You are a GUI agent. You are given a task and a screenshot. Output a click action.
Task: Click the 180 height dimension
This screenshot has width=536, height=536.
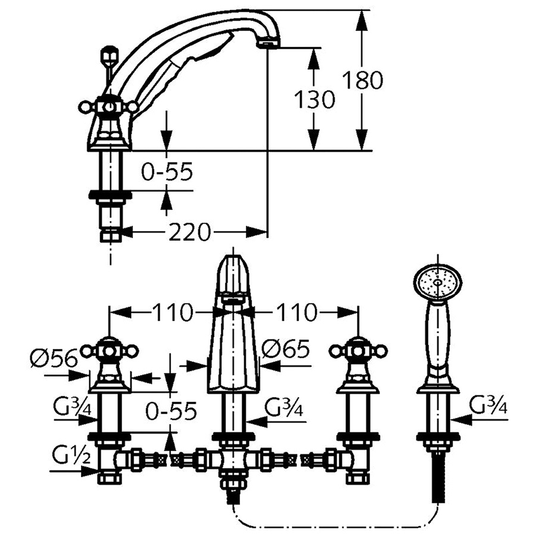coord(363,80)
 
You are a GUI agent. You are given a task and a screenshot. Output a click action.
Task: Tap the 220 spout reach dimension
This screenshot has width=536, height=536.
coord(189,232)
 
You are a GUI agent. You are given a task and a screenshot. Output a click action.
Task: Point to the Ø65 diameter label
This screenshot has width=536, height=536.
coord(286,350)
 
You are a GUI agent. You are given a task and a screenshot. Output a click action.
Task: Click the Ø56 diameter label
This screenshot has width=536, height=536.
coord(54,359)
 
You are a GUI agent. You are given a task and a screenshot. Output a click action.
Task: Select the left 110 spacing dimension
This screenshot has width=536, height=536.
coord(173,312)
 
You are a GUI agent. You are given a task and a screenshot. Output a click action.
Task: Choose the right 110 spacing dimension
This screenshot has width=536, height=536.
coord(297,312)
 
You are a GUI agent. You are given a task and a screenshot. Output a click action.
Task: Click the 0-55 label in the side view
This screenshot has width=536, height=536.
coord(167,171)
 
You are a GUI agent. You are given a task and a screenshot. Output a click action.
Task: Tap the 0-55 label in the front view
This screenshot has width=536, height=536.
coord(171,410)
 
